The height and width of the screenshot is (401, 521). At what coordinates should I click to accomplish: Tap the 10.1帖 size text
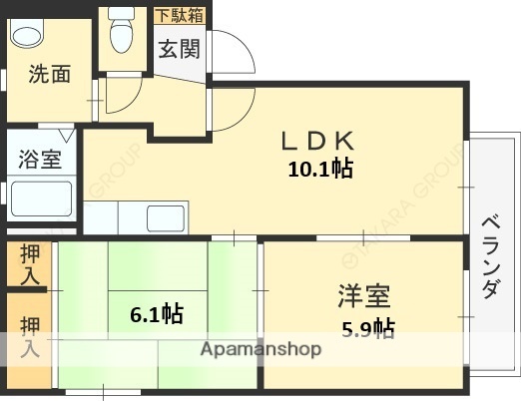click(x=319, y=169)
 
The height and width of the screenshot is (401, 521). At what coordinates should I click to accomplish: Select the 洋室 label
click(x=363, y=296)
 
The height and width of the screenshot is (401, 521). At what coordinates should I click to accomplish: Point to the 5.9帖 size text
click(x=368, y=328)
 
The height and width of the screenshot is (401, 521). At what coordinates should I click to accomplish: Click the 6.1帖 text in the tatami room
click(x=157, y=315)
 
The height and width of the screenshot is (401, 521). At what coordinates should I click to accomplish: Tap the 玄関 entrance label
click(x=180, y=49)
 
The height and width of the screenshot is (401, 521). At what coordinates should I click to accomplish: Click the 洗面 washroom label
click(x=48, y=74)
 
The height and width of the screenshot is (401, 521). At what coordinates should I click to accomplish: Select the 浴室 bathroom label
click(x=40, y=159)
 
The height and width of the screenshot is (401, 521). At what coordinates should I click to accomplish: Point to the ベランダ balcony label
click(x=490, y=256)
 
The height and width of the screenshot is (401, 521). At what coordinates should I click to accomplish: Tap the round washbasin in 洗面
click(x=27, y=34)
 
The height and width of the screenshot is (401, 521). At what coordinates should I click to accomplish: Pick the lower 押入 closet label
click(x=31, y=336)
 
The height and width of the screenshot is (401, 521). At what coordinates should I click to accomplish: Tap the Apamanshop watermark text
click(x=260, y=349)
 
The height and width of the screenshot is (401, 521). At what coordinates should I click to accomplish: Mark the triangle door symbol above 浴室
click(x=65, y=135)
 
